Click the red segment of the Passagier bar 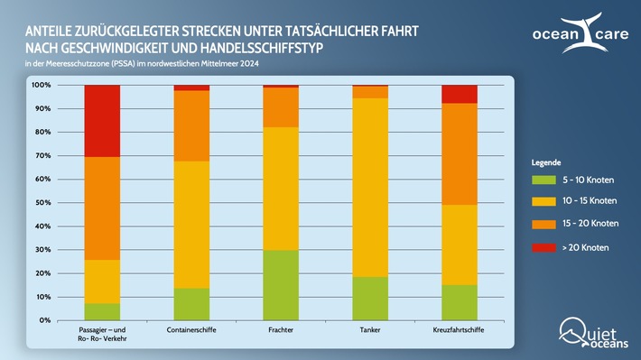click(x=102, y=121)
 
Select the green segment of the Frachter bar click(x=280, y=285)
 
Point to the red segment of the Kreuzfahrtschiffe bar click(x=459, y=94)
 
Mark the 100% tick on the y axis click(x=40, y=85)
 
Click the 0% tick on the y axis click(x=43, y=320)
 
